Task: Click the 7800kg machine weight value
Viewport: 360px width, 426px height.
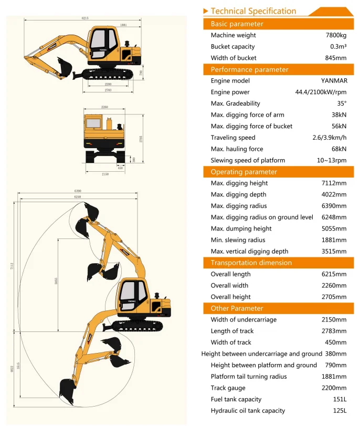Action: (x=336, y=35)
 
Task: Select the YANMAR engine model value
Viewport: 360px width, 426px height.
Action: (x=334, y=81)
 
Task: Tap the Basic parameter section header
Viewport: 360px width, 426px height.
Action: (x=237, y=24)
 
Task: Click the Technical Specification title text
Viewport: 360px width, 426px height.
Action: (x=253, y=11)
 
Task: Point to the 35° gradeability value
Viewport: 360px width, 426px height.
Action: (x=342, y=103)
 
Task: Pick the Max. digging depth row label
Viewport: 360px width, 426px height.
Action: (x=239, y=194)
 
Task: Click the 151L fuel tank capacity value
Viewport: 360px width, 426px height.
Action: (x=340, y=399)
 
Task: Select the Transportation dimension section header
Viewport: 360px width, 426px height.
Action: (x=251, y=263)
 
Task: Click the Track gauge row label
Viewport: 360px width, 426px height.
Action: (x=228, y=388)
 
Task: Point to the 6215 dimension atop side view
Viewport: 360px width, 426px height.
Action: (x=85, y=18)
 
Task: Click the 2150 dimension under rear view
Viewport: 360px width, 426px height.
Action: (x=105, y=174)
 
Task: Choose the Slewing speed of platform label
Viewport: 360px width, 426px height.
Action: (x=248, y=160)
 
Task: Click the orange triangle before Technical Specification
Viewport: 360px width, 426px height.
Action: (x=206, y=11)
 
